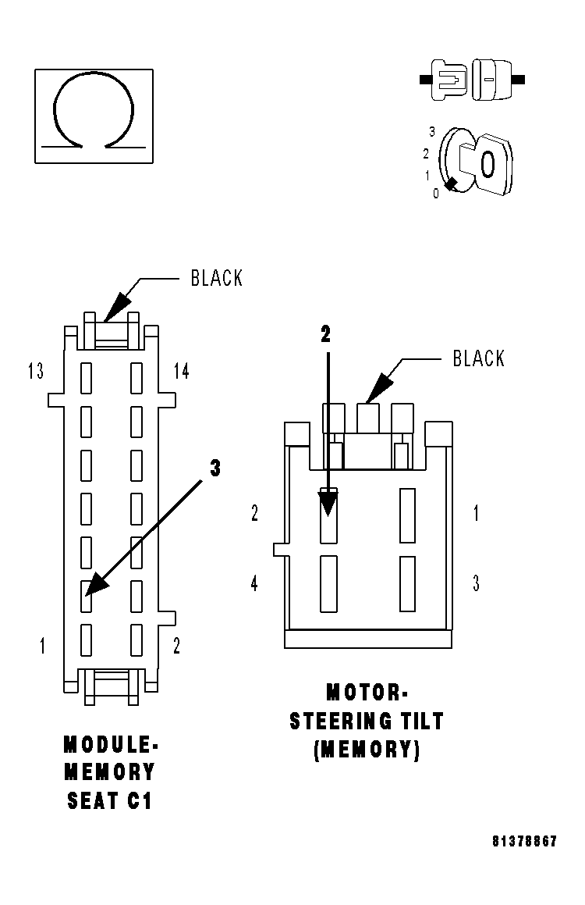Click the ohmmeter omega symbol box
click(94, 116)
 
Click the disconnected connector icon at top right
click(473, 79)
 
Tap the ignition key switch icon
click(476, 162)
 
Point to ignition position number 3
click(431, 133)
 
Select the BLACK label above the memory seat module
click(217, 279)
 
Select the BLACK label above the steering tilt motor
click(479, 359)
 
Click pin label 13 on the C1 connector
click(35, 372)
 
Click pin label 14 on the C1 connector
click(181, 372)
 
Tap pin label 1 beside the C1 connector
click(42, 646)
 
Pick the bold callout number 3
click(215, 468)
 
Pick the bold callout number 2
click(326, 334)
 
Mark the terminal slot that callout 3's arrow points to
click(87, 596)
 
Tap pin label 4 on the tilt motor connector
click(254, 583)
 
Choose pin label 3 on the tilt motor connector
click(476, 583)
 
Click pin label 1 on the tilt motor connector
click(477, 513)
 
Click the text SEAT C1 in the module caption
click(109, 800)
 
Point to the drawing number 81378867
click(524, 842)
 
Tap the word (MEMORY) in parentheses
click(367, 750)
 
